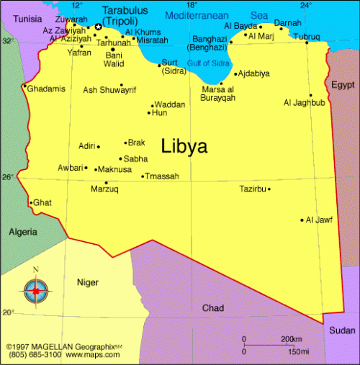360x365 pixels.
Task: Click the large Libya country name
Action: tap(184, 146)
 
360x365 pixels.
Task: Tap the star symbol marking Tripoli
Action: tap(98, 27)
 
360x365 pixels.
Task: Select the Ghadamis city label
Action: tap(47, 89)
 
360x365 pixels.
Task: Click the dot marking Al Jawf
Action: tap(302, 220)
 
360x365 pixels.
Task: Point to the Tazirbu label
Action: tap(253, 189)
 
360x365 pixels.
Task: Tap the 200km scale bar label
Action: tap(291, 339)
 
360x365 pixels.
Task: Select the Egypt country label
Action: tap(343, 85)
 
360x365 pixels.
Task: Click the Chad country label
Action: tap(212, 308)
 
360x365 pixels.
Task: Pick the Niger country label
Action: tap(88, 282)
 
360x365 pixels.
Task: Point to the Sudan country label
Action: tap(342, 330)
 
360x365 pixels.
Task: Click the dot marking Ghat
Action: tap(30, 203)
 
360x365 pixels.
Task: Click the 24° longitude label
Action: tap(306, 5)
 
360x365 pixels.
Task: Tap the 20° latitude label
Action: tap(7, 312)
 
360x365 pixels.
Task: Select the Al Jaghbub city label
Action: tap(305, 103)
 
